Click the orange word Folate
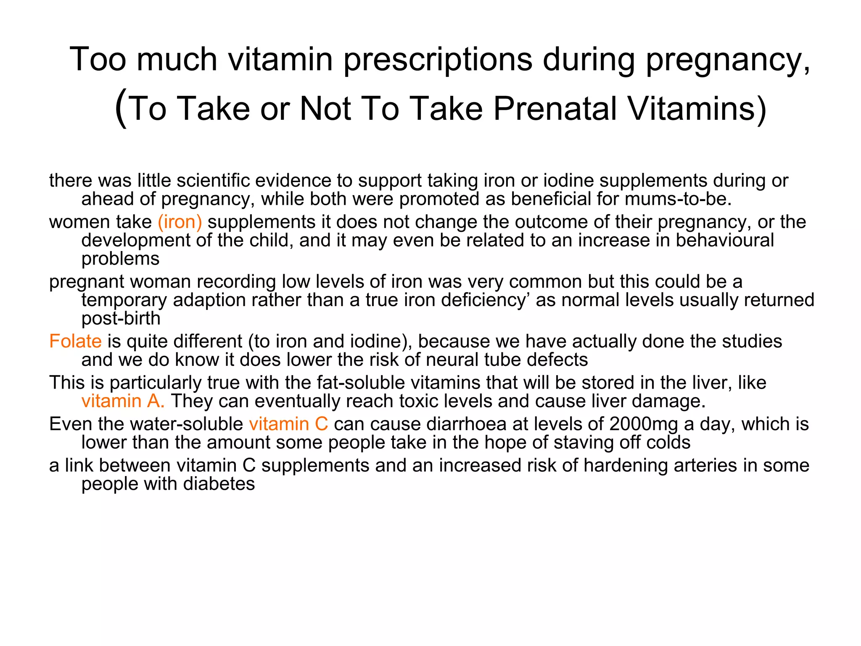point(75,341)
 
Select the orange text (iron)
point(180,222)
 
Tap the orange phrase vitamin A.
point(123,401)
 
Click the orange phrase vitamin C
point(288,424)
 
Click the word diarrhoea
point(466,424)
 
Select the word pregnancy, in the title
point(728,59)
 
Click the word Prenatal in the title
point(555,109)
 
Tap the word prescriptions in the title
point(438,59)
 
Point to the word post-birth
point(121,318)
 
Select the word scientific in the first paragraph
point(213,180)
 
